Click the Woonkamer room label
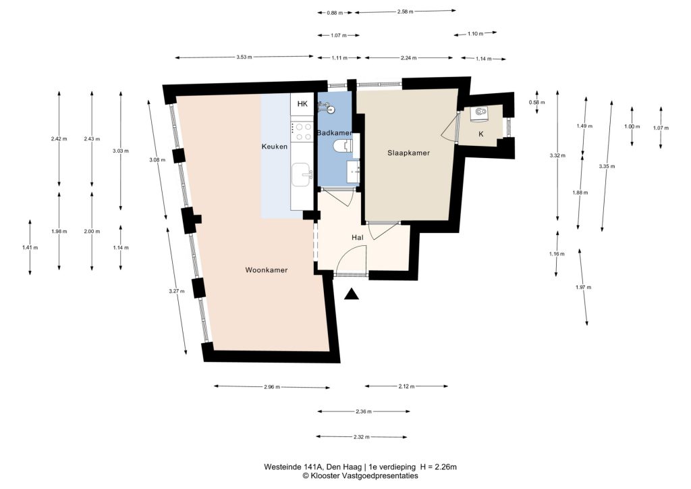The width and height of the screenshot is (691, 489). click(266, 270)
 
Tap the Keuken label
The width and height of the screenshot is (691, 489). click(275, 147)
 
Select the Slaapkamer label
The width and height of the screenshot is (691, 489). click(408, 153)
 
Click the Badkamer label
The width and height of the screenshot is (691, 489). click(335, 133)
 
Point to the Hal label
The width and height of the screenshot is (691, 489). click(358, 237)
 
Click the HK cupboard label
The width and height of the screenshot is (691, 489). click(302, 104)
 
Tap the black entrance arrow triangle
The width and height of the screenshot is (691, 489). click(351, 294)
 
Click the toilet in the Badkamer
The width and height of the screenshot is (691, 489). click(343, 145)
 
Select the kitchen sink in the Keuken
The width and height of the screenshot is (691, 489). click(302, 175)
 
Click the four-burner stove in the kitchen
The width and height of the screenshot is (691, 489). click(302, 132)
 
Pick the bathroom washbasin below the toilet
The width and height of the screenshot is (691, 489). click(354, 172)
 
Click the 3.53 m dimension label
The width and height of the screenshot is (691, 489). click(244, 57)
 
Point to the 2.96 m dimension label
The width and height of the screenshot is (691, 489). click(272, 387)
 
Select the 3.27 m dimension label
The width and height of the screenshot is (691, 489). click(177, 291)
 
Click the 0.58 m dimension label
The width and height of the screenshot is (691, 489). click(536, 102)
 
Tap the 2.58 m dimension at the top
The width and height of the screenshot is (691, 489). click(405, 12)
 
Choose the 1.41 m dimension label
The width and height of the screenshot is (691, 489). click(30, 247)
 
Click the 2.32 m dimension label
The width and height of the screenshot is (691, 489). click(362, 437)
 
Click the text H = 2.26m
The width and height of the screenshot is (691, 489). click(439, 467)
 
